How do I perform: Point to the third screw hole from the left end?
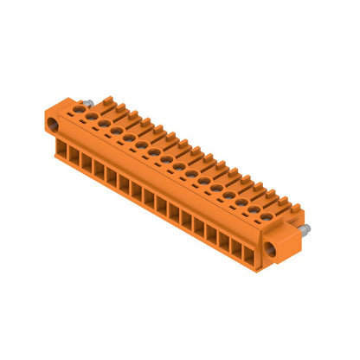pos(103,123)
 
